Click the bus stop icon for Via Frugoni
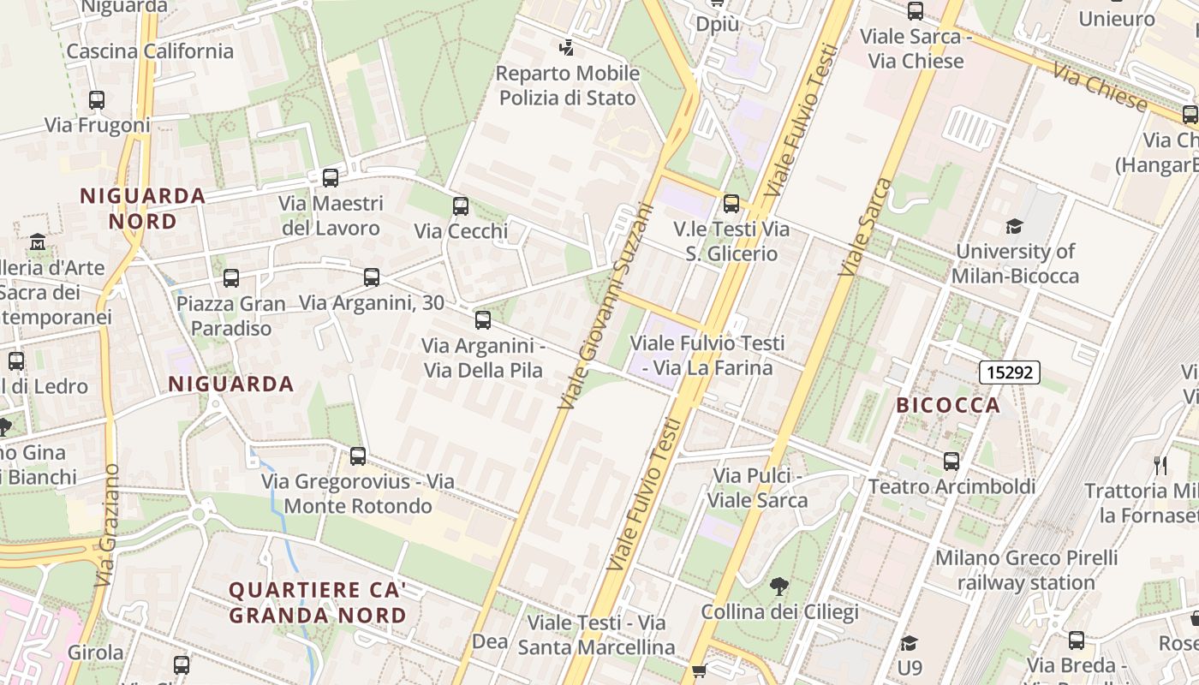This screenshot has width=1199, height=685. [x=97, y=100]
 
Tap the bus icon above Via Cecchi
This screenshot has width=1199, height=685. [x=461, y=206]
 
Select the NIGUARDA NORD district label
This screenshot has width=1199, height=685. [x=143, y=208]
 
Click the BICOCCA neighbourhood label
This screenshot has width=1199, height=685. [x=948, y=405]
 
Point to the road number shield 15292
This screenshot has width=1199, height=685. [x=1010, y=372]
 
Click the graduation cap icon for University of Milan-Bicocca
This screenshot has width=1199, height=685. [x=1014, y=226]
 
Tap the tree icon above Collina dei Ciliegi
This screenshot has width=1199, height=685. [x=778, y=587]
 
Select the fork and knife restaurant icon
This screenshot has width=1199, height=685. [x=1161, y=465]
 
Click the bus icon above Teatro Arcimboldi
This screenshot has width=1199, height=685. [x=951, y=462]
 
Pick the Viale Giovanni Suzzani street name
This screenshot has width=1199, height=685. [x=605, y=306]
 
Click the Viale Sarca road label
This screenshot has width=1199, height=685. [x=865, y=227]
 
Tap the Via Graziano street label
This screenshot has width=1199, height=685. [x=107, y=525]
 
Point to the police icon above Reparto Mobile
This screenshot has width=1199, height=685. [x=566, y=47]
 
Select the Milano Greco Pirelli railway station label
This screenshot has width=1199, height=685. [x=1026, y=570]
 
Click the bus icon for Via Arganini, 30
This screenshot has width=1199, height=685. [x=372, y=277]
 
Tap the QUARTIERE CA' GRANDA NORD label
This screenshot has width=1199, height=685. [x=318, y=603]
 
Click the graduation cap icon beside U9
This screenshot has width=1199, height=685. [x=910, y=642]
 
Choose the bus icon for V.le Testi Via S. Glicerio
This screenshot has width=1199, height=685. [x=731, y=204]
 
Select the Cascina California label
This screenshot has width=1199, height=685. [x=150, y=51]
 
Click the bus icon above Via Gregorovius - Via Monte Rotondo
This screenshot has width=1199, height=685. [x=358, y=456]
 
